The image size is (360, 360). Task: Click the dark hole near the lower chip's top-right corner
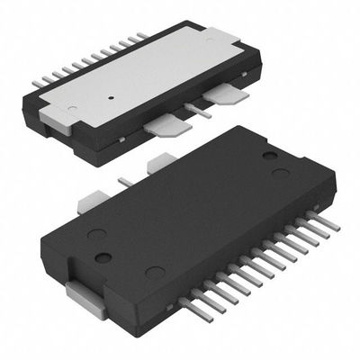(x=268, y=156)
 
